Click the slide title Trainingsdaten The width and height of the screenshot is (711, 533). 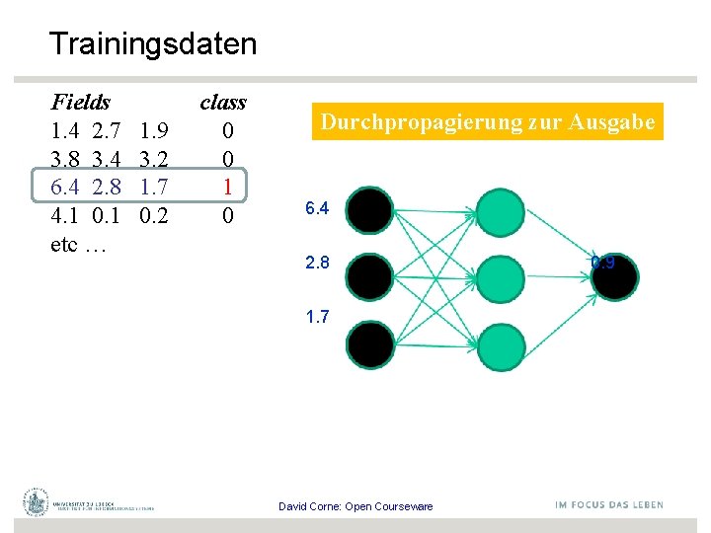(x=152, y=44)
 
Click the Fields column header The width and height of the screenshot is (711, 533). (x=80, y=102)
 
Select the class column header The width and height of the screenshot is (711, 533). (x=223, y=102)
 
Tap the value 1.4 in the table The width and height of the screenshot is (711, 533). (x=65, y=130)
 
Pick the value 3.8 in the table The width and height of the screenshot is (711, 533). (x=65, y=159)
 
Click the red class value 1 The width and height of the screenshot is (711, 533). (x=227, y=187)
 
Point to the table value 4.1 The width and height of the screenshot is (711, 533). (x=65, y=215)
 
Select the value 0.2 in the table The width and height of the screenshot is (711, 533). (x=153, y=215)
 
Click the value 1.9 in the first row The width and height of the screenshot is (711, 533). (x=153, y=130)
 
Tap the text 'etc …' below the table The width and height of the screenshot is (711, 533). (x=78, y=244)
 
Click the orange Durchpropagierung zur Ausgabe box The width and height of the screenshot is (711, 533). (x=487, y=122)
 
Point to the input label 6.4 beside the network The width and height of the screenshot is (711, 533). (x=317, y=208)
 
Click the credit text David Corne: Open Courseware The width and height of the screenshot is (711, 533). (x=355, y=506)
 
